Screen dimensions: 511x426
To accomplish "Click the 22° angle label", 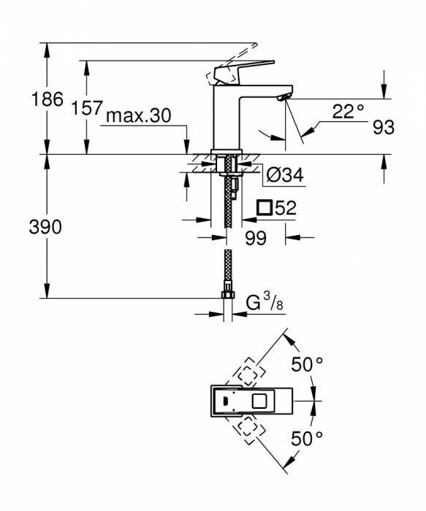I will point(348,112).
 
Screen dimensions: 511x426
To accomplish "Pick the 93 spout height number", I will point(383,128).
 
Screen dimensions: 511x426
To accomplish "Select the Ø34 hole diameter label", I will point(285,174).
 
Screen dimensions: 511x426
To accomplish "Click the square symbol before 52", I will point(265,208).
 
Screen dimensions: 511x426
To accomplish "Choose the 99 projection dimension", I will point(255,238).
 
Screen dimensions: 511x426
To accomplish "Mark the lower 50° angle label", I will point(307,438).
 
